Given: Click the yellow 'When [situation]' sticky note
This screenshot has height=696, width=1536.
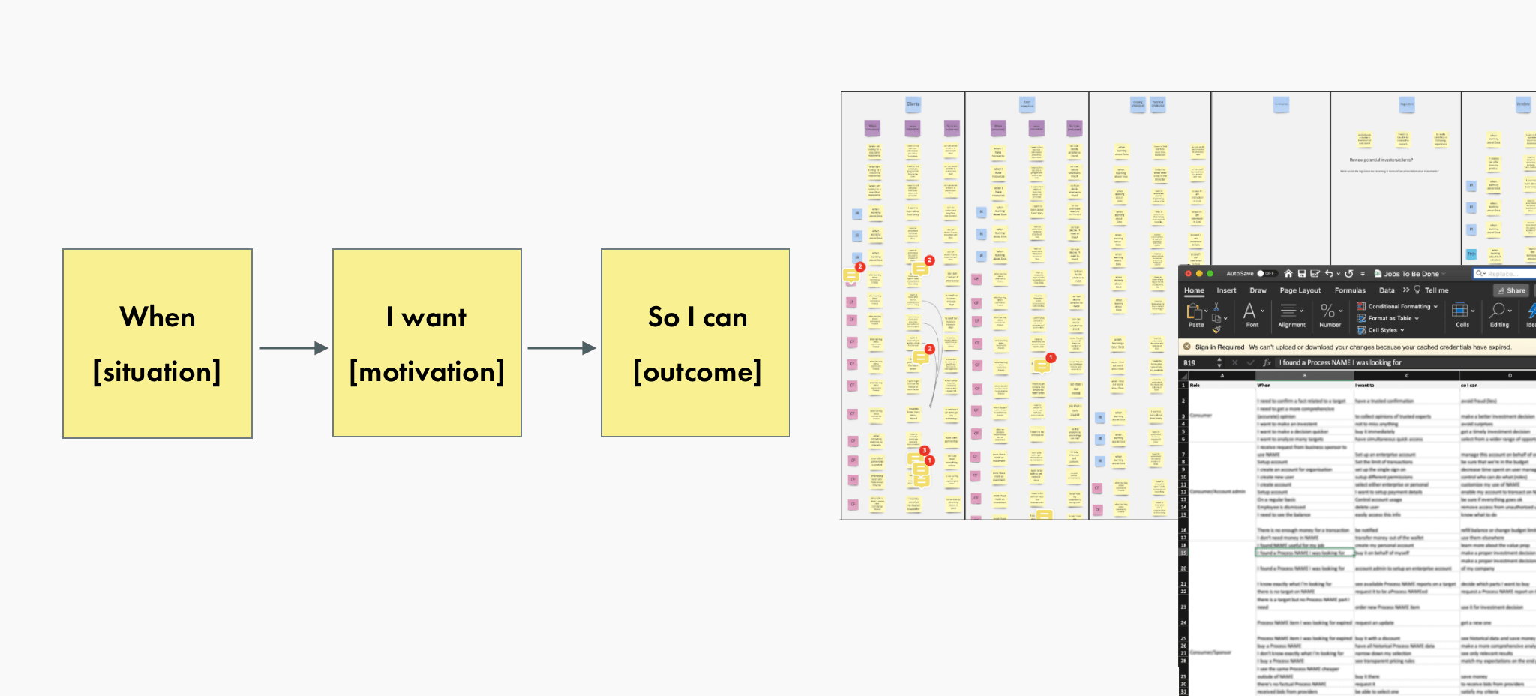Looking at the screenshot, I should [157, 343].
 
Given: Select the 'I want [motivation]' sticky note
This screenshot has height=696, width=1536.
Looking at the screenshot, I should [427, 343].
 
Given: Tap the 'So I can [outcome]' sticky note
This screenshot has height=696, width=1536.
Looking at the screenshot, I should [695, 343].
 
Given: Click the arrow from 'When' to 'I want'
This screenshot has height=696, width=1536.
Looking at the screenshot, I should [293, 348].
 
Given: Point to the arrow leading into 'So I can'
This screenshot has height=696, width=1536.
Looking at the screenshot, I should [561, 348].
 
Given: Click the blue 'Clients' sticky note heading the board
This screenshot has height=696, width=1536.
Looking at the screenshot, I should [913, 104].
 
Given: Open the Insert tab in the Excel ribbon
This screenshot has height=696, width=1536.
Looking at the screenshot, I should [1226, 290].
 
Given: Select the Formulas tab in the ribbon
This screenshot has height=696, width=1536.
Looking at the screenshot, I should [1350, 290].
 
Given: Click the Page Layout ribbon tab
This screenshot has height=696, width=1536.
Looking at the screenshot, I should [1300, 290].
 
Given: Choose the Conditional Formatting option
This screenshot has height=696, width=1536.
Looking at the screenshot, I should [1399, 306].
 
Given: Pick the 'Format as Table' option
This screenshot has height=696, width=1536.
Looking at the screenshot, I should [1390, 318].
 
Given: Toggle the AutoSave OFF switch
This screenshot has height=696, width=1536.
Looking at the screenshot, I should [1266, 274].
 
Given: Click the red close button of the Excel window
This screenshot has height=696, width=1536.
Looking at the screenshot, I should [1189, 274].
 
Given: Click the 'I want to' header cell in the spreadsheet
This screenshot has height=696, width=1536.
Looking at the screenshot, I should [1365, 385].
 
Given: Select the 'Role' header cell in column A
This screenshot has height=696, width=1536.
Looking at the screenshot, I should [1195, 385].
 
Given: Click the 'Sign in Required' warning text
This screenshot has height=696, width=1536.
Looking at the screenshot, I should [1219, 347].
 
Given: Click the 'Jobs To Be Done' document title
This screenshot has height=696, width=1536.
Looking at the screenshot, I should [1411, 274].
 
